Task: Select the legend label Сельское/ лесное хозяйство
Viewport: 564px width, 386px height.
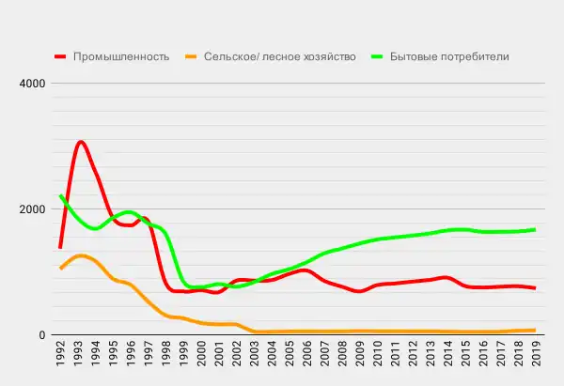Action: [280, 56]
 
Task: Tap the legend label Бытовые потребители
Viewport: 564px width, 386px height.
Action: [449, 56]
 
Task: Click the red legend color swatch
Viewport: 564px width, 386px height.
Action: [63, 56]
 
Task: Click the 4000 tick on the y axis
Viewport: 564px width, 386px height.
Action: [33, 84]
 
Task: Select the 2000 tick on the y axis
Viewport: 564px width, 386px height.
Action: [33, 209]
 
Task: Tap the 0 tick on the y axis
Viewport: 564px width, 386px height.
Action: [42, 335]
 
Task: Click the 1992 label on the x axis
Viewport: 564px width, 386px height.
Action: [61, 359]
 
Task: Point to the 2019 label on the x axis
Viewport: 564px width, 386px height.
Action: [535, 359]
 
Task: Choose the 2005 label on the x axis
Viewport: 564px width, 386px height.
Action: [290, 359]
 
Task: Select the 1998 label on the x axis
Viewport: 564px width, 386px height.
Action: [166, 359]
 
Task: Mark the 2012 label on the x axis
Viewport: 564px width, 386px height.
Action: [412, 359]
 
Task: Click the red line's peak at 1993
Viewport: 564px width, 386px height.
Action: [80, 142]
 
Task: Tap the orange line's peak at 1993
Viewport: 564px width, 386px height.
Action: [80, 255]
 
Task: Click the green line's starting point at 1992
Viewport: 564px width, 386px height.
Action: [60, 195]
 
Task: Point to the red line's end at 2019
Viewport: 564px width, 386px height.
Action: [535, 288]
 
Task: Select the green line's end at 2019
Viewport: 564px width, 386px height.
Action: [535, 229]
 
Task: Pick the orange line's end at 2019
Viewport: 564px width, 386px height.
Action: [535, 331]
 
